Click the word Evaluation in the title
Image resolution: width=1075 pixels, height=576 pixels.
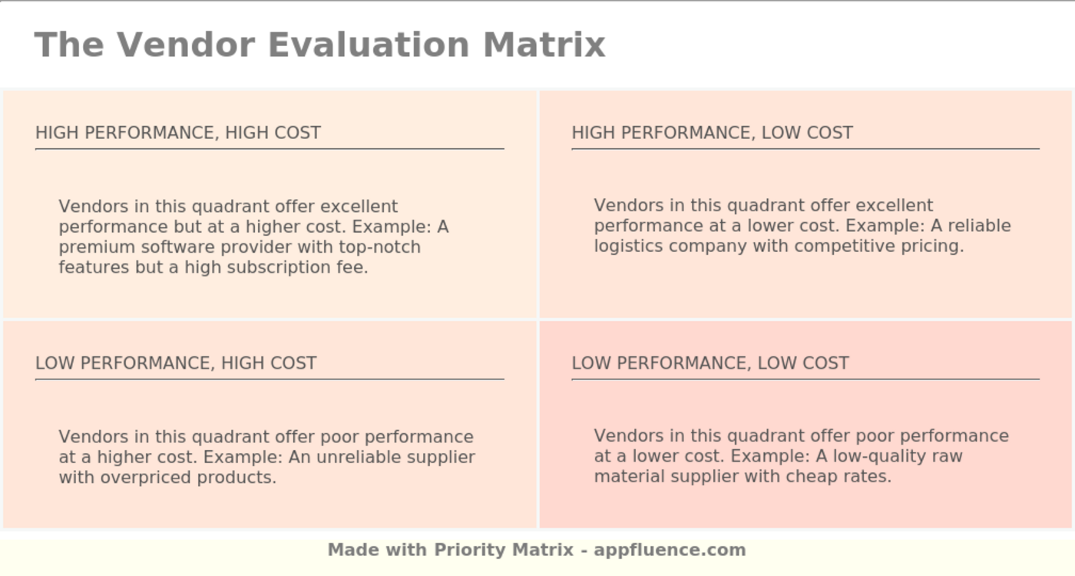pos(369,45)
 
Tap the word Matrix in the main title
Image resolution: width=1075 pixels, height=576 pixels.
pos(544,45)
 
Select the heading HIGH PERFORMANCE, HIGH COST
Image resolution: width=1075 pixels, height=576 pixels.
pos(178,133)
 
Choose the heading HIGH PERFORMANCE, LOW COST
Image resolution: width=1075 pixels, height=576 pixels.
pos(713,133)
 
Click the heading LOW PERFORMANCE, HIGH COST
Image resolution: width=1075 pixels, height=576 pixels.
pos(176,363)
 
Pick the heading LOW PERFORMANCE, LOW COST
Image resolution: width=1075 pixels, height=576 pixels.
pos(710,363)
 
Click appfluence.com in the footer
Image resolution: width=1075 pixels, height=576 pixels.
pos(670,550)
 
